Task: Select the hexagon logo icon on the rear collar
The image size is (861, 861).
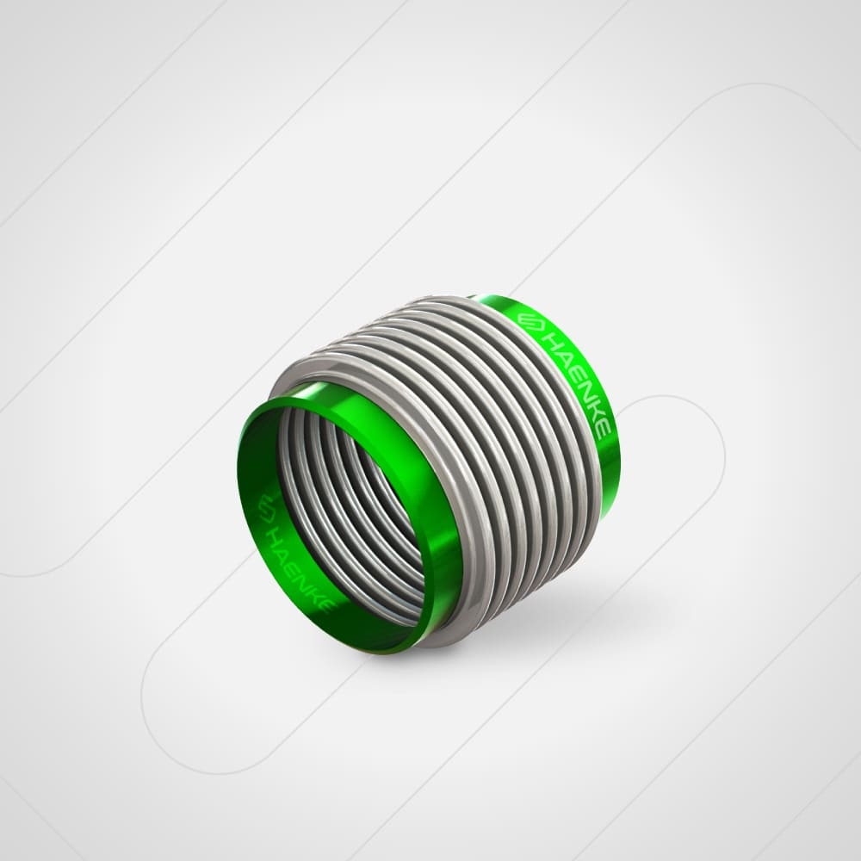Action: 529,320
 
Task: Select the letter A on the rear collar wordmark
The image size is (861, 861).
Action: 561,357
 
